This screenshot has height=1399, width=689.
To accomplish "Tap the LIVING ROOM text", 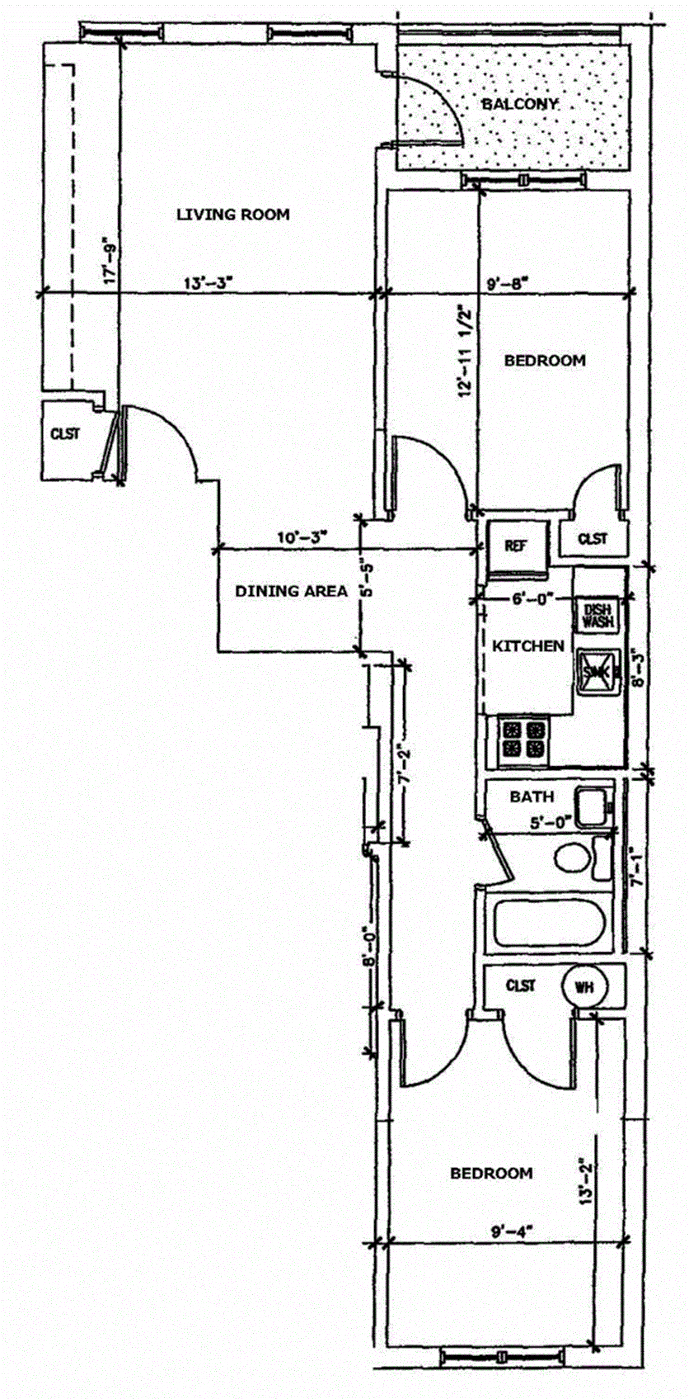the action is pos(233,214).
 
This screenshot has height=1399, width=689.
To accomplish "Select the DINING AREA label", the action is pos(291,591).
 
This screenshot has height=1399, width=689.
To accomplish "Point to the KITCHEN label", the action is pos(528,646).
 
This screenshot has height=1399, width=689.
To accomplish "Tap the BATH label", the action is pos(532,797).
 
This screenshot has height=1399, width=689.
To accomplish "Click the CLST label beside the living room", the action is pos(65,434).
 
